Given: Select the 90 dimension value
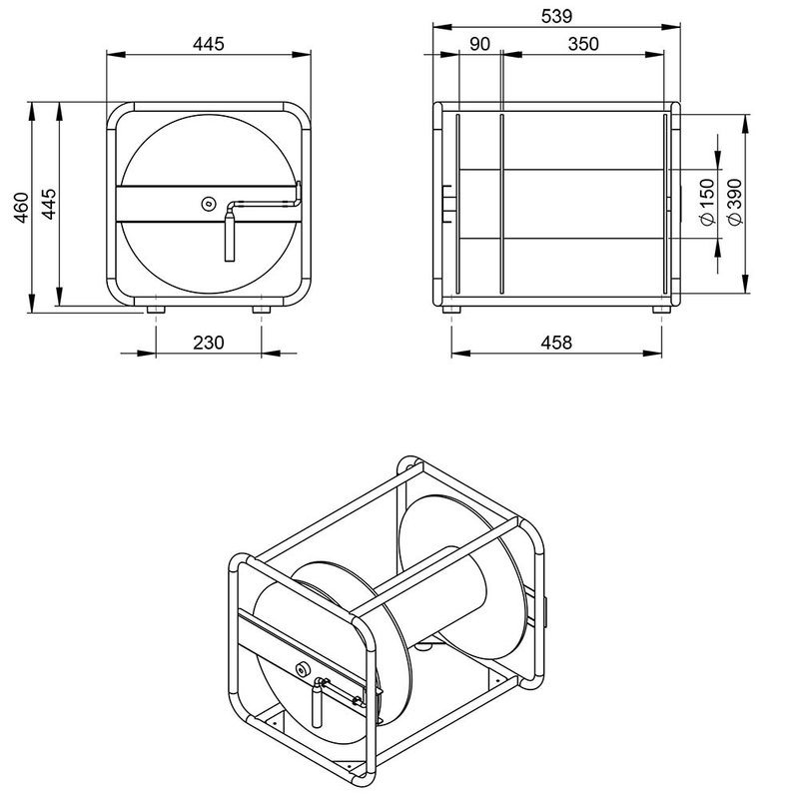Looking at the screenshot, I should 478,44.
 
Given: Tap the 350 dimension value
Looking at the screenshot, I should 583,44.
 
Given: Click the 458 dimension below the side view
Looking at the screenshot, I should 555,342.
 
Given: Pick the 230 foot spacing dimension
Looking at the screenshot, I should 208,342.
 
